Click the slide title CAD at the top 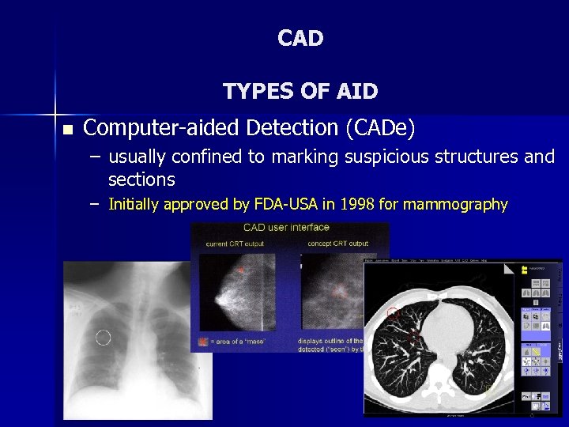point(300,38)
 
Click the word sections point(141,179)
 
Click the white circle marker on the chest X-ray point(104,338)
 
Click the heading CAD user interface point(286,228)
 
